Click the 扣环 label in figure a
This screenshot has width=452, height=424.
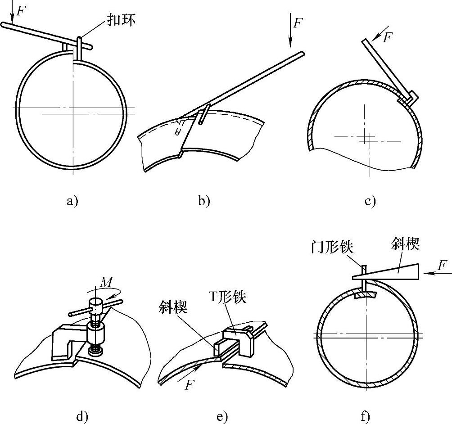[x=122, y=20]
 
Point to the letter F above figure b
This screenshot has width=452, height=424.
[x=297, y=22]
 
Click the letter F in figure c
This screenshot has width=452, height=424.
[x=388, y=37]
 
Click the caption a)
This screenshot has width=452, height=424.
[x=72, y=201]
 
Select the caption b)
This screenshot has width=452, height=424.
[x=204, y=201]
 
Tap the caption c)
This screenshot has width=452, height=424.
[x=370, y=201]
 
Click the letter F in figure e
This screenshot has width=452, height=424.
[x=189, y=385]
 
